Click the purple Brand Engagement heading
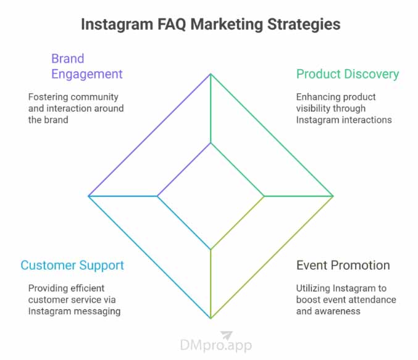[x=87, y=67]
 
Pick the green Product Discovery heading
[x=348, y=74]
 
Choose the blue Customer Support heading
[x=72, y=266]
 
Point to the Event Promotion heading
[x=343, y=266]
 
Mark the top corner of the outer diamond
[x=211, y=74]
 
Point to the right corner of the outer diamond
[x=333, y=196]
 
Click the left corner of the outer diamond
[x=89, y=196]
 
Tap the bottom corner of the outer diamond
[x=211, y=318]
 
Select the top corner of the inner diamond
[x=211, y=143]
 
